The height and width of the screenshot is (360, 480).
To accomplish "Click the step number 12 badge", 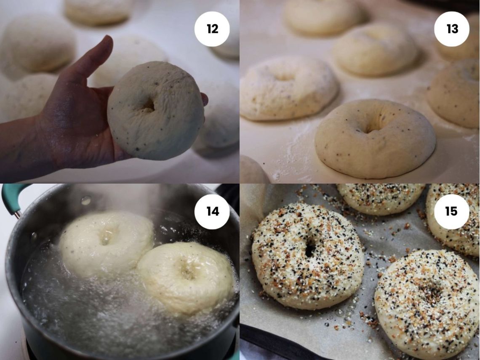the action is pos(212,29).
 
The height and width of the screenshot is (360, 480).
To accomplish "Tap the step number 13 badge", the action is pos(451,29).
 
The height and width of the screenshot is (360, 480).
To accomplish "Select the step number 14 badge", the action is pos(212,211).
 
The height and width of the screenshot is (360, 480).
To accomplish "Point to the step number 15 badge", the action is pos(451,211).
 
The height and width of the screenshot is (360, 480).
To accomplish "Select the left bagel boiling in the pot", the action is pos(106,243).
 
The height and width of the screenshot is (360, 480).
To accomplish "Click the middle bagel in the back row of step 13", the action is pos(376,49).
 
